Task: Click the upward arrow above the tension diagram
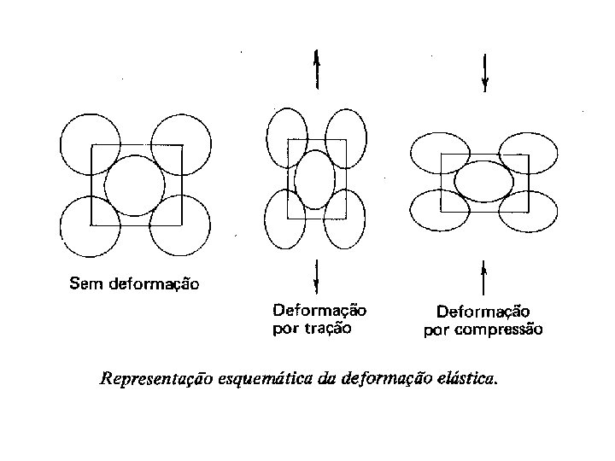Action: pos(317,69)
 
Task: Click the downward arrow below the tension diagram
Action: pos(317,275)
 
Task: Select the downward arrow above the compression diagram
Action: pos(485,72)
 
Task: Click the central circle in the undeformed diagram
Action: pos(134,185)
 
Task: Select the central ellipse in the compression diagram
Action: pos(483,179)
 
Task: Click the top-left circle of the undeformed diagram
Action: pos(90,143)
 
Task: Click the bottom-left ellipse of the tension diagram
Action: pos(284,218)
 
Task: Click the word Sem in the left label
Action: pos(83,283)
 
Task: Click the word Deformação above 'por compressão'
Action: pos(483,312)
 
